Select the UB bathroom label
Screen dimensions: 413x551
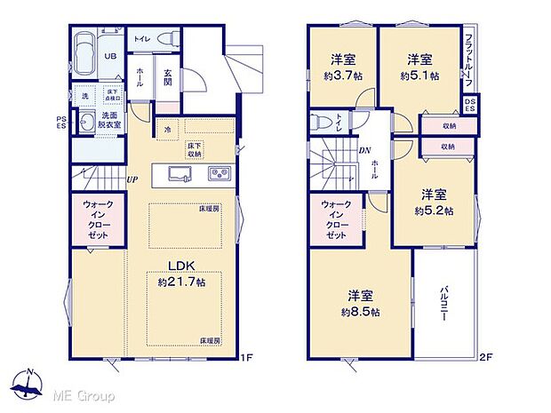(111, 55)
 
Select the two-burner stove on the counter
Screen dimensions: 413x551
(220, 172)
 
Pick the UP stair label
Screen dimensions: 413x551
(132, 180)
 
